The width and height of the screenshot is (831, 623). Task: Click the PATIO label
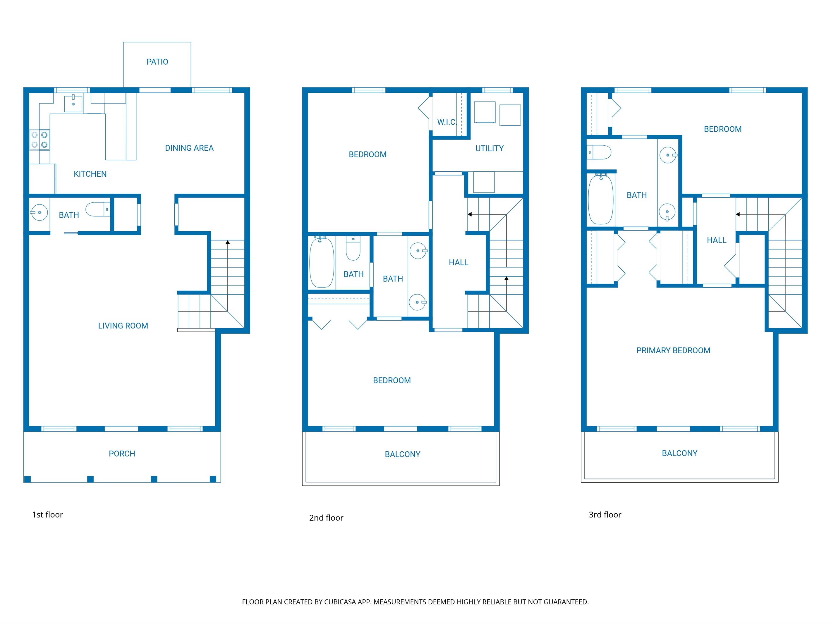click(157, 62)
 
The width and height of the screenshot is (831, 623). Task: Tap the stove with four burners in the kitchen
click(40, 140)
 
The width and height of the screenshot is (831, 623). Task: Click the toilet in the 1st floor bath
click(97, 209)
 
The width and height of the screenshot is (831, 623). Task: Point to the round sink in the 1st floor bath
click(39, 213)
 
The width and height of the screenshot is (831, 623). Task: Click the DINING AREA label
click(189, 148)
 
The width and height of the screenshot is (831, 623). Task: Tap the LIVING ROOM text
click(123, 326)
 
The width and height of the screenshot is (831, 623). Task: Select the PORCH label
click(122, 454)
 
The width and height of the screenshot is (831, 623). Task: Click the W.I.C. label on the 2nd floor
click(446, 122)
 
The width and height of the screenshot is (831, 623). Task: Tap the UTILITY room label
click(489, 148)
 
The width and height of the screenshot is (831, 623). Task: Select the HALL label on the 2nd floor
click(458, 262)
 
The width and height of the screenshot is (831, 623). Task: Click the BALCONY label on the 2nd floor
click(402, 455)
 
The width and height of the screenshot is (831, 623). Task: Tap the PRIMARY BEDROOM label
click(673, 350)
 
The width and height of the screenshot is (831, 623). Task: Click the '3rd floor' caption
click(605, 514)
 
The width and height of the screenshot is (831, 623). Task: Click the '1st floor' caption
click(47, 514)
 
